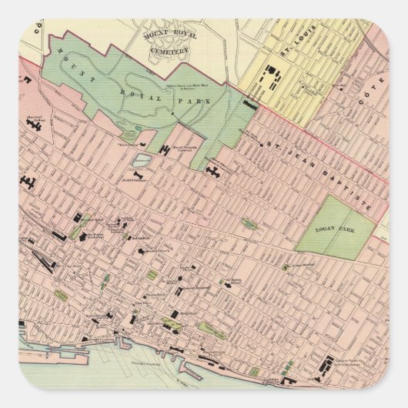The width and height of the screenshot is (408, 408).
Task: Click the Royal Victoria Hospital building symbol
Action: point(166,149)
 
